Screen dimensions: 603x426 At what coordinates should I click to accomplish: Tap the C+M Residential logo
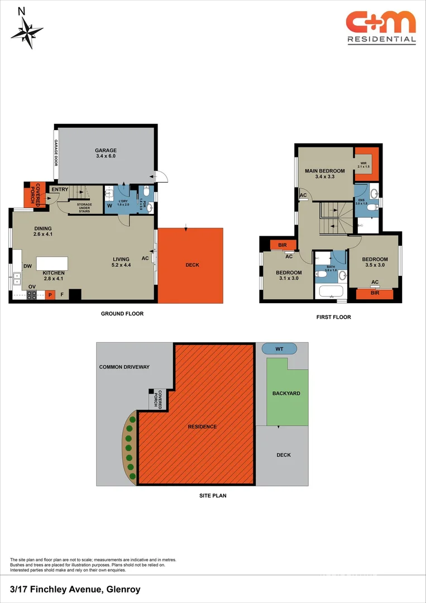point(381,27)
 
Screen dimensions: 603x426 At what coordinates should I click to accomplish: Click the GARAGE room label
point(106,154)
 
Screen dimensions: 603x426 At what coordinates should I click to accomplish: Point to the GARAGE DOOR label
point(56,152)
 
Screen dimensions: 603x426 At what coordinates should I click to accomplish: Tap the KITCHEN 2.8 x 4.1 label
point(54,276)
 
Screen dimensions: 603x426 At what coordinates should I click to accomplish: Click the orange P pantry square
point(50,295)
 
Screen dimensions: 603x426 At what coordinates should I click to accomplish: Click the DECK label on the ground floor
point(192,265)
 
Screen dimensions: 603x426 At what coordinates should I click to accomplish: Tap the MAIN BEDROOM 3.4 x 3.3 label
point(324,174)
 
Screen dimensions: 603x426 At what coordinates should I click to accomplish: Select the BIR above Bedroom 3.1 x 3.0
point(283,245)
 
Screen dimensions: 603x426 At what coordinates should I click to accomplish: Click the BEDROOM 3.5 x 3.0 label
point(374,262)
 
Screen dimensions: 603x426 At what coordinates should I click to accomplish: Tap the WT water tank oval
point(279,349)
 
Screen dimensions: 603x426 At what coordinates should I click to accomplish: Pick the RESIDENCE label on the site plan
point(202,427)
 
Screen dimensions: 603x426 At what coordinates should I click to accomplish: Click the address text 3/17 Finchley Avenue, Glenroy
point(75,589)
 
